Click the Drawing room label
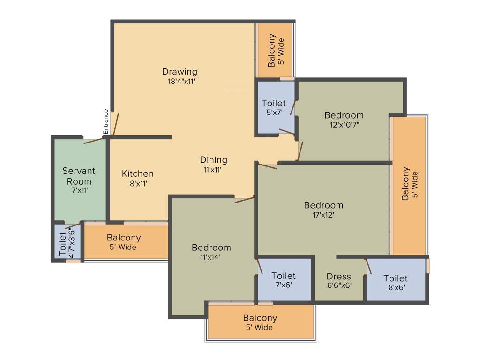[x=180, y=72]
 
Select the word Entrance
[x=106, y=121]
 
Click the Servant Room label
[x=79, y=176]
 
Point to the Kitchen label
[x=137, y=174]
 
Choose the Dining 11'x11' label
[x=213, y=165]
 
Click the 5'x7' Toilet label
[x=273, y=107]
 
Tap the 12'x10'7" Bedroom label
[x=344, y=120]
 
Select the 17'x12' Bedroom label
[x=323, y=210]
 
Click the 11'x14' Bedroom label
[x=211, y=252]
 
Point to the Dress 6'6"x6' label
[x=339, y=280]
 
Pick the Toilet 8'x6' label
[x=396, y=282]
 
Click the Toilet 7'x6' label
[x=284, y=280]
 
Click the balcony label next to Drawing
[x=276, y=51]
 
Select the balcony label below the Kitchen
[x=124, y=242]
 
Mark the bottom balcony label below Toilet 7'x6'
[x=260, y=322]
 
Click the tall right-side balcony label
[x=409, y=184]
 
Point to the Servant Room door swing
[x=94, y=141]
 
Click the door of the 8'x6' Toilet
[x=368, y=266]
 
